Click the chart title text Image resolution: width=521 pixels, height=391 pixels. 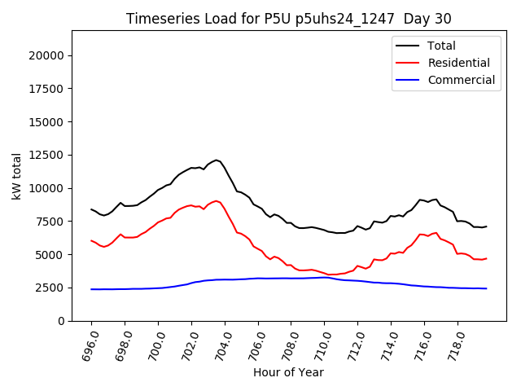pyautogui.click(x=289, y=19)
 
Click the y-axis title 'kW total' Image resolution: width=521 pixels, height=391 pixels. pyautogui.click(x=17, y=175)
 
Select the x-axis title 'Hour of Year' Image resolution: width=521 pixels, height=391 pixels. pyautogui.click(x=288, y=372)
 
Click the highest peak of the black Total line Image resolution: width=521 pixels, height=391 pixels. pyautogui.click(x=217, y=160)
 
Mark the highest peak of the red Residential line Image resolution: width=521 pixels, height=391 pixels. pyautogui.click(x=217, y=200)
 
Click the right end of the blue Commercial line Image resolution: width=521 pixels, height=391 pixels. pyautogui.click(x=487, y=288)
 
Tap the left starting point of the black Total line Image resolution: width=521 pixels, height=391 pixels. pyautogui.click(x=91, y=209)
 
